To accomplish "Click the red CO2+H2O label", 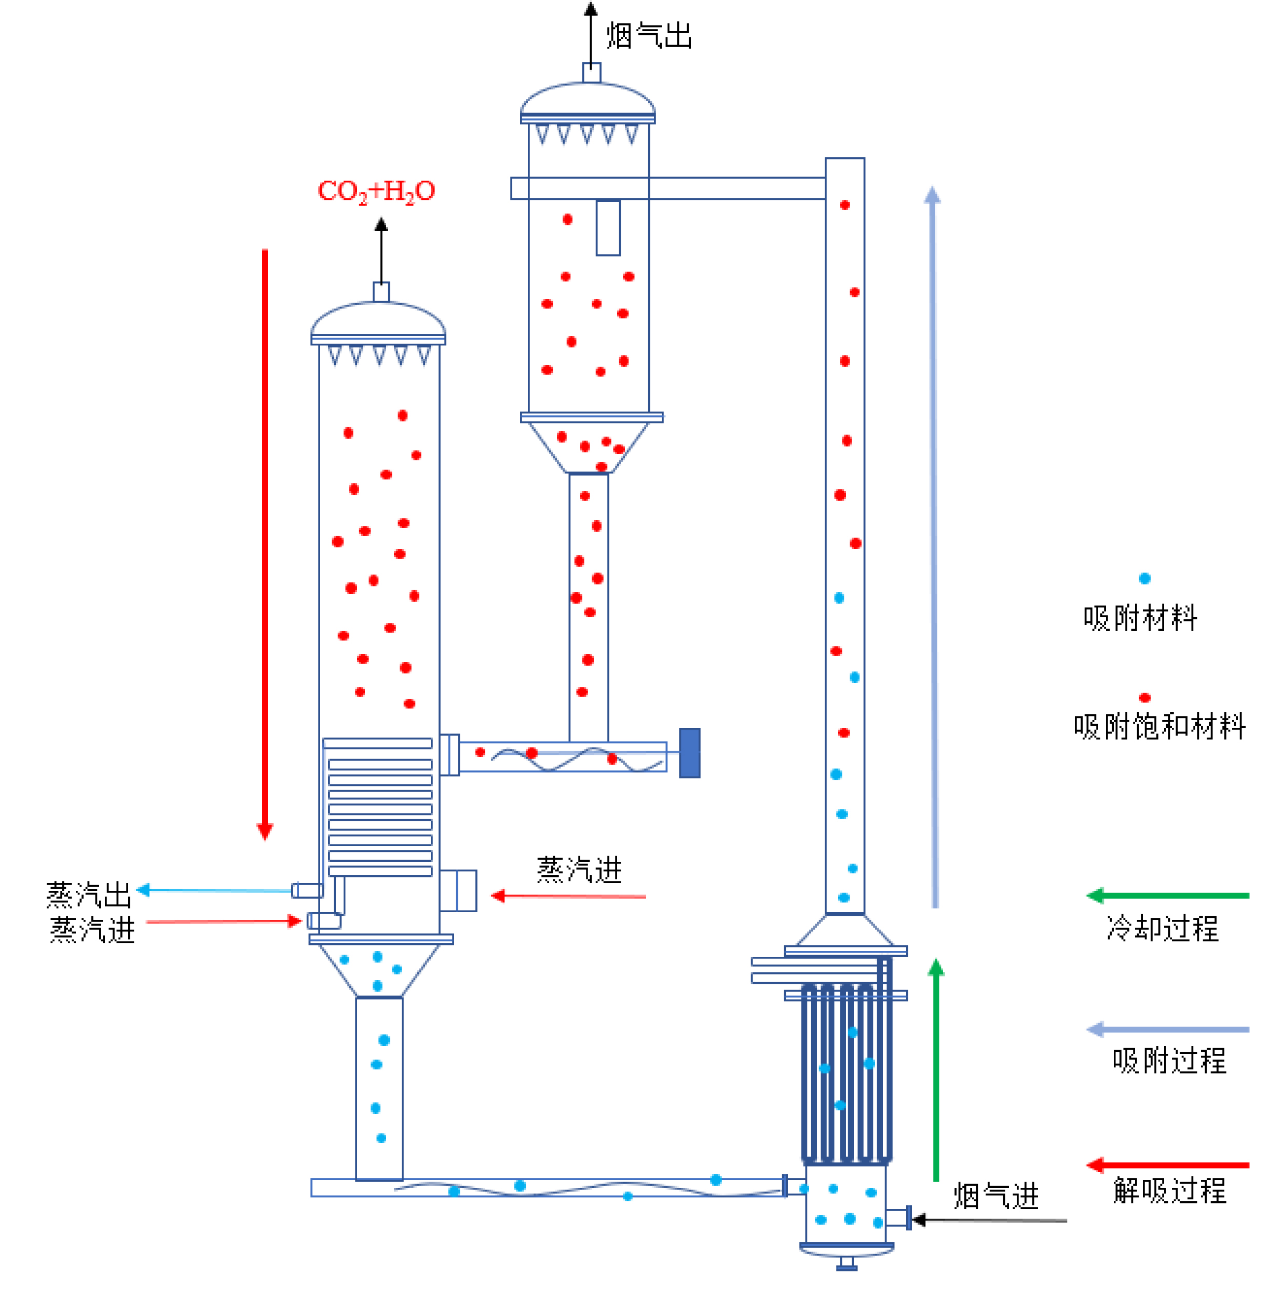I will pos(376,192).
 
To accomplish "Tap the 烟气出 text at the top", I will pos(648,35).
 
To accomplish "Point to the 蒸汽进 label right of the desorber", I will pos(579,870).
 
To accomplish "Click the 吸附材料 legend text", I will pos(1140,618).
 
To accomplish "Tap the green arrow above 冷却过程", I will pos(1168,895).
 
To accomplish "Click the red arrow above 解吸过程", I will pos(1168,1165).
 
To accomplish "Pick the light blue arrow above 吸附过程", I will pos(1168,1029).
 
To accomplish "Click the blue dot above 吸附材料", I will pos(1144,578).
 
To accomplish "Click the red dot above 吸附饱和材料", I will pos(1144,698).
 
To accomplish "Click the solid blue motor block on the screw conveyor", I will pos(689,753).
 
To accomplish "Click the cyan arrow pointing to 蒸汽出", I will pos(213,890).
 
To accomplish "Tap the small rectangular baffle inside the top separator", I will pos(608,227).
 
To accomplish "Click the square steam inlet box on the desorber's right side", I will pos(458,891).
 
